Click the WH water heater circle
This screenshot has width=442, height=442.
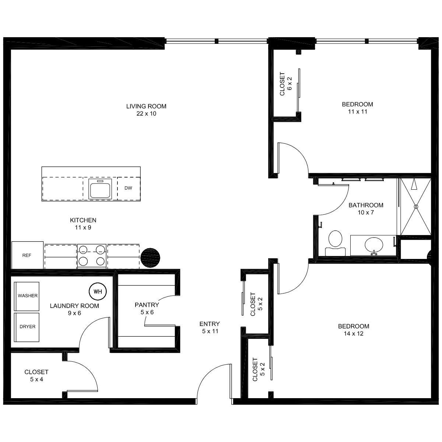[x=98, y=291]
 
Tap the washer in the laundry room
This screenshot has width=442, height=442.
[x=27, y=296]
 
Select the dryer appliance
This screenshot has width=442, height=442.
[x=27, y=327]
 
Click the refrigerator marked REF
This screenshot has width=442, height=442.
[x=27, y=255]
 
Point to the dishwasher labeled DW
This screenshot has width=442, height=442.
[x=129, y=188]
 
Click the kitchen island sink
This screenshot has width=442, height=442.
[x=100, y=189]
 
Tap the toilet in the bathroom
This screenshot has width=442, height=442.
[x=335, y=243]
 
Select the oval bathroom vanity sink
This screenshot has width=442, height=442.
[x=374, y=245]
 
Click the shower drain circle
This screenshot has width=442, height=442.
[x=416, y=207]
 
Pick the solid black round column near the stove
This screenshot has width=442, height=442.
[x=150, y=258]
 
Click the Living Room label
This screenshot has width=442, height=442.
[x=146, y=106]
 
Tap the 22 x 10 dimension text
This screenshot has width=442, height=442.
[x=146, y=113]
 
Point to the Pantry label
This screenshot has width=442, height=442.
[x=147, y=305]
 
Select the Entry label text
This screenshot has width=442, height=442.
[x=210, y=324]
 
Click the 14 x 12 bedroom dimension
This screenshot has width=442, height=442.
[x=354, y=333]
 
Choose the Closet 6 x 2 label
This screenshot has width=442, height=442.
[x=286, y=84]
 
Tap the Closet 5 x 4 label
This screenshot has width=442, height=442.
[x=36, y=375]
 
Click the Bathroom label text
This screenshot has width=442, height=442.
[x=366, y=205]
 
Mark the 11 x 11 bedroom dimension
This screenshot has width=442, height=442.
[x=358, y=112]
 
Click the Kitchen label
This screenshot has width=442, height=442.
[x=83, y=220]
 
